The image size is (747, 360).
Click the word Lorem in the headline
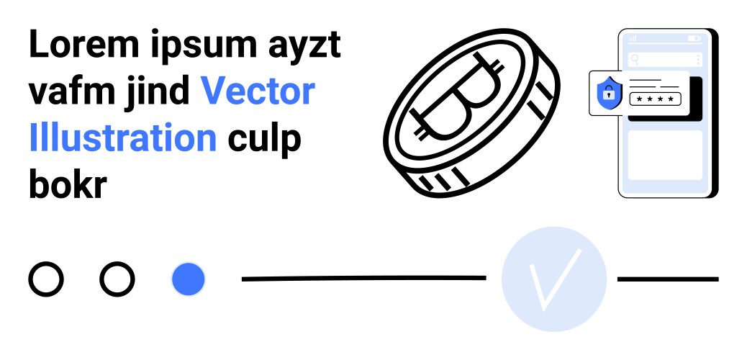tap(84, 44)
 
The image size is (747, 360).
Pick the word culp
tap(265, 140)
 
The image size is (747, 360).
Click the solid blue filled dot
tap(188, 279)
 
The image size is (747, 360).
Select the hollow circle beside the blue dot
tap(117, 279)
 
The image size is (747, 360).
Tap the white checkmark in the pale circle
tap(555, 279)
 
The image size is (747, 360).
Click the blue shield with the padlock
tap(609, 93)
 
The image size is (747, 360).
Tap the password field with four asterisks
tap(655, 99)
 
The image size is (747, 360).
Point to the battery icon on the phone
tap(694, 38)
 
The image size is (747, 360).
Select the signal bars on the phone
tap(633, 38)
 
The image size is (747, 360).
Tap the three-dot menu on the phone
tap(698, 60)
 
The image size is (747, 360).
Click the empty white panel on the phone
tap(665, 155)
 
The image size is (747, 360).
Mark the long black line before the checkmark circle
tap(364, 278)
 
